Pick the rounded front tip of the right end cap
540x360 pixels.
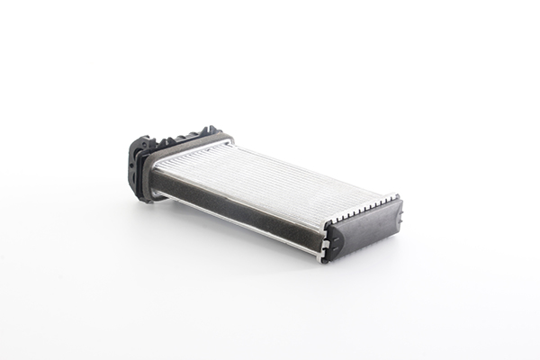[x=332, y=240]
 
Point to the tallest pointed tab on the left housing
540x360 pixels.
[x=211, y=130]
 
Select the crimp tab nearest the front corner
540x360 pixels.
[x=328, y=221]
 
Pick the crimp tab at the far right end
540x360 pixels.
[x=394, y=196]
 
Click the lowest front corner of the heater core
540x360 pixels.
[x=320, y=257]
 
